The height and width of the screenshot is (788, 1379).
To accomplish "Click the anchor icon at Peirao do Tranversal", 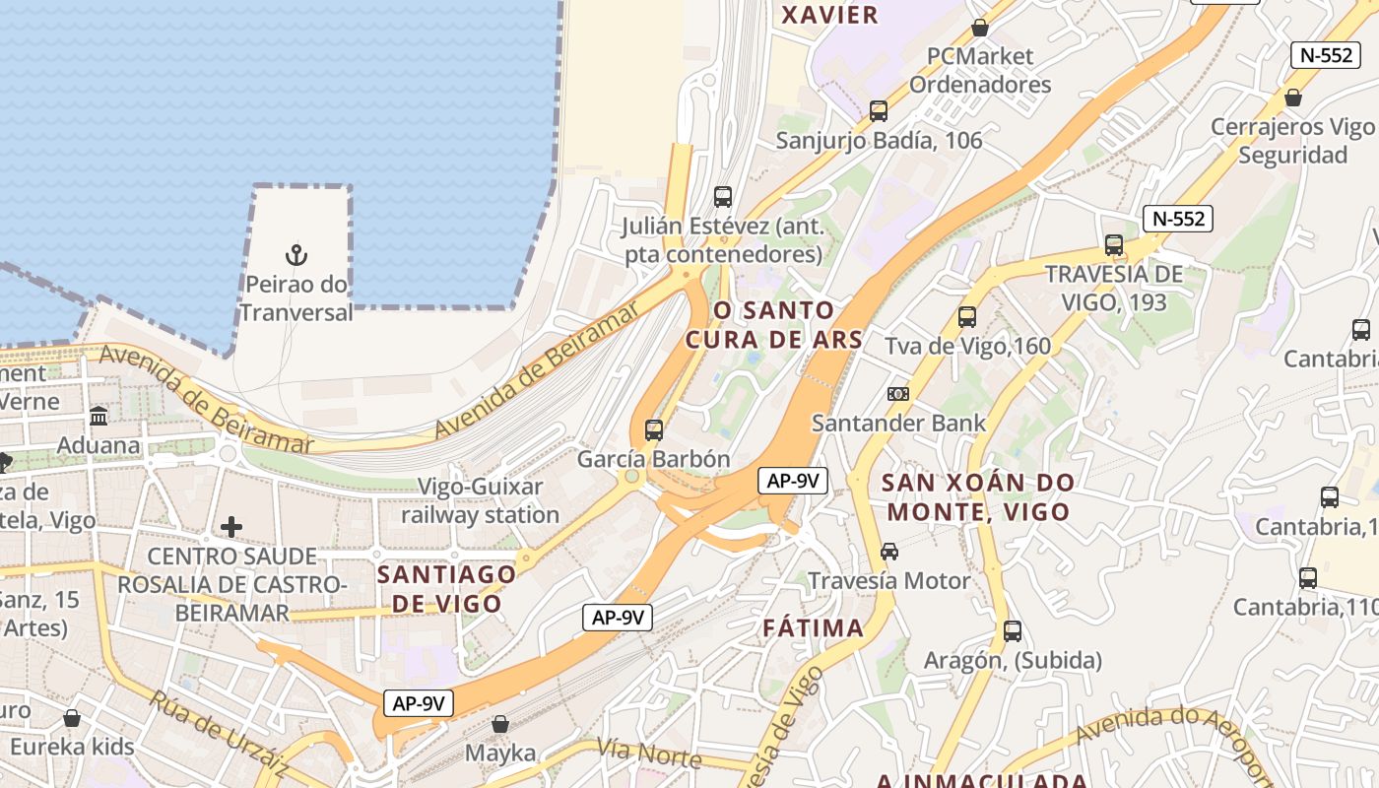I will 296,255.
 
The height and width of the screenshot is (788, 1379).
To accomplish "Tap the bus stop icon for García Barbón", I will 654,430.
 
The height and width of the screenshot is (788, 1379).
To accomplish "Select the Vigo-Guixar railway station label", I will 480,500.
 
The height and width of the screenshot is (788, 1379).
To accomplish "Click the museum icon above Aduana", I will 98,417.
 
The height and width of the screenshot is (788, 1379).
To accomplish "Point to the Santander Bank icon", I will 897,394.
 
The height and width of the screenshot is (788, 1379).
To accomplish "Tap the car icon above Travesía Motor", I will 889,552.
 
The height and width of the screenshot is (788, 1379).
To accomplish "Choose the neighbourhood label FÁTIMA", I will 813,627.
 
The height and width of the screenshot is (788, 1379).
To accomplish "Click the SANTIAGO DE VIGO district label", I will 447,588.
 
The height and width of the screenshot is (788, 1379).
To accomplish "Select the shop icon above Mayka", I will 500,724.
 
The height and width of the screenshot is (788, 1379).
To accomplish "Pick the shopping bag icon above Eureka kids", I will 72,718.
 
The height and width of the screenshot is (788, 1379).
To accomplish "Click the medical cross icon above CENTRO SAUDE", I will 231,527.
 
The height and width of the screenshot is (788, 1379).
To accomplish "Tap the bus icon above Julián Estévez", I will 723,197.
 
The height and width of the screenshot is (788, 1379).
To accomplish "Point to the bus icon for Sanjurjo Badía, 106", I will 879,111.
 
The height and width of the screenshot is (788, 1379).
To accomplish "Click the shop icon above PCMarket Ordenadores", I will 980,28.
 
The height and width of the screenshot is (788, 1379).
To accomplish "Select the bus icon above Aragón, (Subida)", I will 1013,631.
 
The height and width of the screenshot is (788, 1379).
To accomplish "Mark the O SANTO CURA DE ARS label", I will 773,325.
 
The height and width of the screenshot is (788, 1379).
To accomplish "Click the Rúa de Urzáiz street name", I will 219,734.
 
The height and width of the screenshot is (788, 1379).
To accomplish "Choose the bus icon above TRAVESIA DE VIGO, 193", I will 1114,245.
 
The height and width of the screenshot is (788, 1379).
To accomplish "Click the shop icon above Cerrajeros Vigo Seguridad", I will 1293,98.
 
